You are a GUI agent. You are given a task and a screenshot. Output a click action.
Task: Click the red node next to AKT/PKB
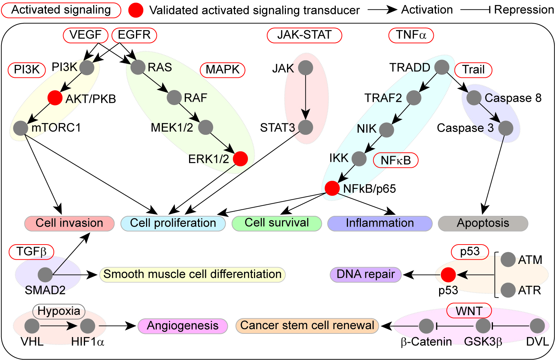[x=55, y=98]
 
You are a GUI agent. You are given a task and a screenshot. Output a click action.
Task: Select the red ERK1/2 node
[x=240, y=158]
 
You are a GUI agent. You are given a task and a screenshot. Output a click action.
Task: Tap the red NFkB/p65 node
[x=332, y=188]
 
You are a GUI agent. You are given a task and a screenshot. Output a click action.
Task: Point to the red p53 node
[x=448, y=275]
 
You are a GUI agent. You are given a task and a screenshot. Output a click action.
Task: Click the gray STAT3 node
[x=306, y=127]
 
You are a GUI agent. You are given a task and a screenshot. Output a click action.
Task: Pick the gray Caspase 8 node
[x=474, y=98]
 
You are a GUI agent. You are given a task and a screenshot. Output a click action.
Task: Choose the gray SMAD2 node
[x=45, y=275]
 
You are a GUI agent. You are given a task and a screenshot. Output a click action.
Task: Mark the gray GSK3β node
[x=483, y=326]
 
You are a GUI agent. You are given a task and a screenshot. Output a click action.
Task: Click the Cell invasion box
[x=69, y=223]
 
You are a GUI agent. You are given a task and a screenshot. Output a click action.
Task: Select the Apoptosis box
[x=483, y=223]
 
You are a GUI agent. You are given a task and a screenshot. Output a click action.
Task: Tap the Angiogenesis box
[x=183, y=326]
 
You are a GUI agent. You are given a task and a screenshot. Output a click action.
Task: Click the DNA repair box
[x=366, y=274]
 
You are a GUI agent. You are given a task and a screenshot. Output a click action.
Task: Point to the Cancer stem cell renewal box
[x=307, y=325]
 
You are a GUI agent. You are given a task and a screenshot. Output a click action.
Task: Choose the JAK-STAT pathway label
[x=304, y=35]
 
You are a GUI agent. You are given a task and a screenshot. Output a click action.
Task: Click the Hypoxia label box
[x=59, y=311]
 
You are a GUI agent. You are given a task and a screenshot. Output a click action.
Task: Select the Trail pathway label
[x=473, y=69]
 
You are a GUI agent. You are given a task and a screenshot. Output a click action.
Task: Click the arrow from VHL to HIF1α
[x=60, y=326]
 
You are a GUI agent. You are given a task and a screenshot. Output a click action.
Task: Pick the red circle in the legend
[x=136, y=10]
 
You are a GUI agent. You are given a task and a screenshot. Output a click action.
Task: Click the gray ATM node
[x=508, y=260]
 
